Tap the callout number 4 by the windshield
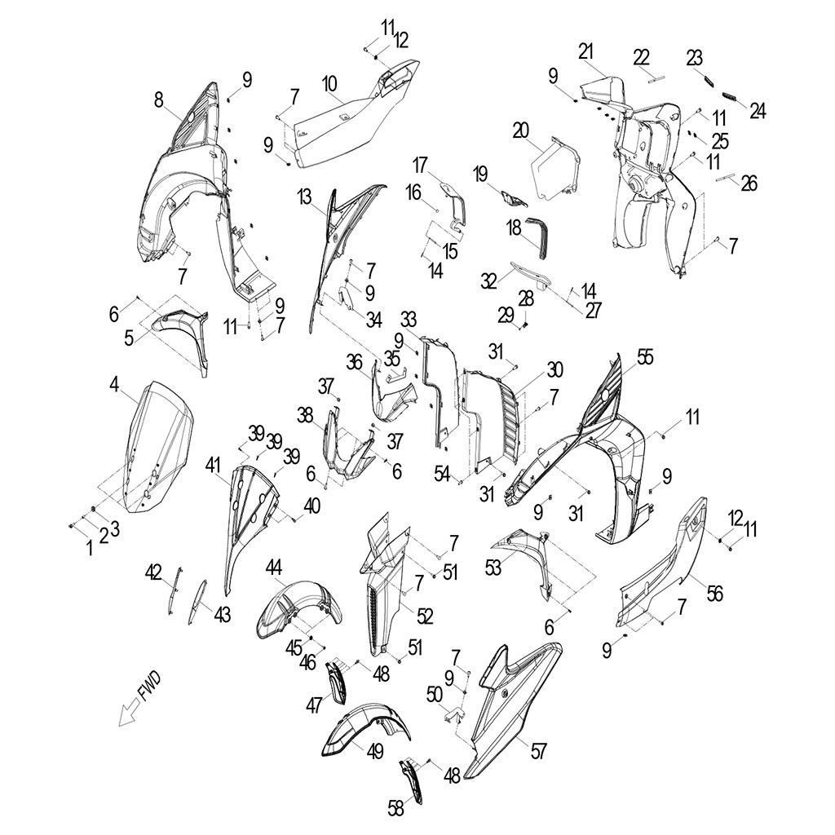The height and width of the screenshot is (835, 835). [x=114, y=384]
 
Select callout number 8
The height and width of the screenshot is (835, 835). [x=159, y=99]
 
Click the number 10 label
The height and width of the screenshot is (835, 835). [x=329, y=84]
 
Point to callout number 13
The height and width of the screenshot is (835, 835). [x=304, y=197]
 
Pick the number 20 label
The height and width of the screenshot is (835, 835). [x=521, y=130]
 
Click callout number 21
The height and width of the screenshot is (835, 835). [x=585, y=52]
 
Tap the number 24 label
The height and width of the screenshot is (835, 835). [x=758, y=111]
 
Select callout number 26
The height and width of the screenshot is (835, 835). [x=749, y=183]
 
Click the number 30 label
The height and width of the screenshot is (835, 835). [x=554, y=369]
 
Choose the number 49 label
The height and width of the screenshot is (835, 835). [x=375, y=751]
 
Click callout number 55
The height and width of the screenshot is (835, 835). [x=645, y=357]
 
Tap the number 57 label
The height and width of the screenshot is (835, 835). [x=538, y=751]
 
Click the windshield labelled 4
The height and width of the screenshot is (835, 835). [x=158, y=448]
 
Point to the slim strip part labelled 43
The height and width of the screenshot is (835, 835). [x=197, y=602]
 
